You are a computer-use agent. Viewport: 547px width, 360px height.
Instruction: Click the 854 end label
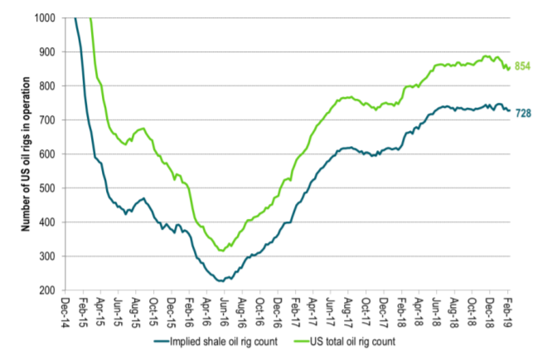pos(523,66)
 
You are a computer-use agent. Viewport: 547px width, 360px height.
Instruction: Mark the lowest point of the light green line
pos(220,251)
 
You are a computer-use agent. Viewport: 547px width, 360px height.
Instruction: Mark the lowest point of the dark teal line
pos(220,281)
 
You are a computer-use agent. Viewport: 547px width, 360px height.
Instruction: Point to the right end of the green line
pos(509,68)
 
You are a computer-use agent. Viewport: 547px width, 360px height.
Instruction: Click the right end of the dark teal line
pos(509,110)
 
